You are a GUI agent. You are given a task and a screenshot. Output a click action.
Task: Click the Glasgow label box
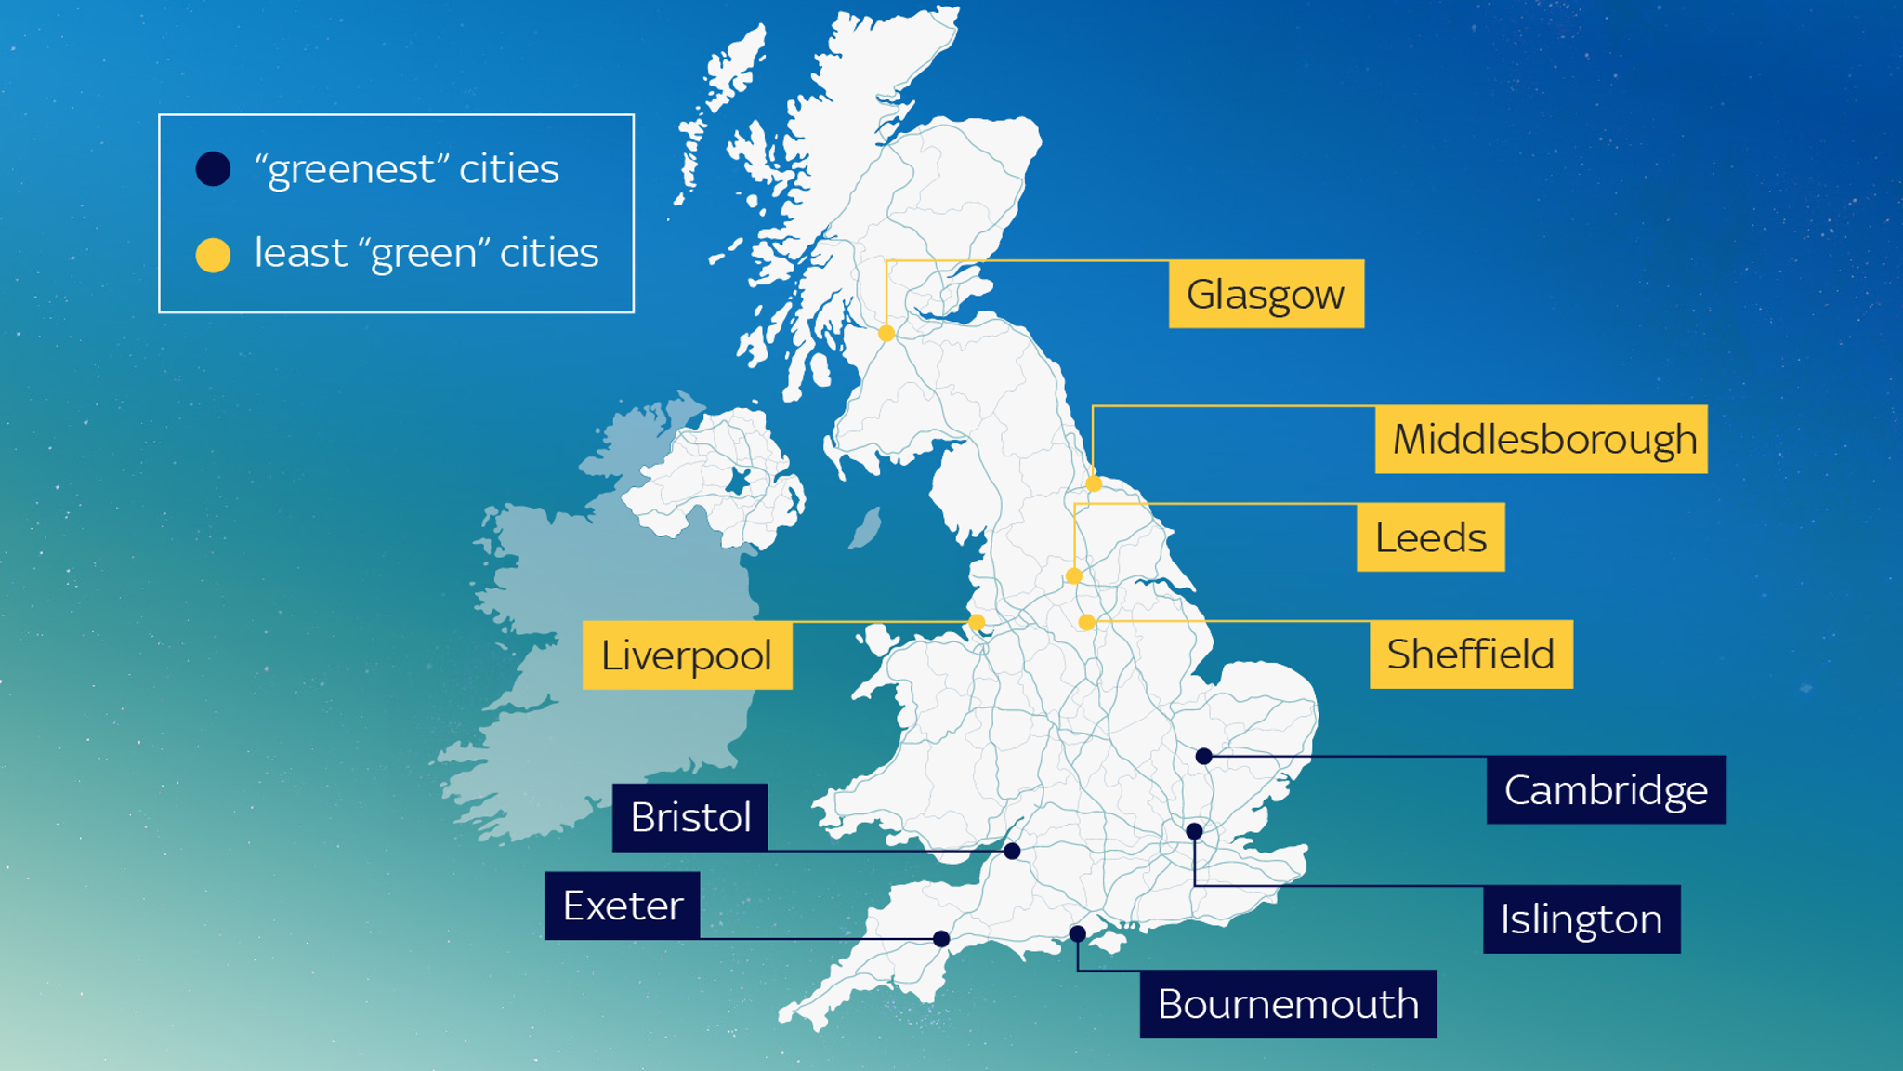tap(1266, 294)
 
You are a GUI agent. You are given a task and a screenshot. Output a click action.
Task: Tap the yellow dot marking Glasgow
tap(886, 333)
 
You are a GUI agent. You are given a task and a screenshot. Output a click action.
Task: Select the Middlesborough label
tap(1541, 440)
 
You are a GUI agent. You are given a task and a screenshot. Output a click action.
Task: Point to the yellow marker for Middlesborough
tap(1094, 483)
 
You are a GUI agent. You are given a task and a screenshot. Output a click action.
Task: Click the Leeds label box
tap(1430, 537)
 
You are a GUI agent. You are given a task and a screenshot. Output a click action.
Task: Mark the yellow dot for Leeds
tap(1074, 576)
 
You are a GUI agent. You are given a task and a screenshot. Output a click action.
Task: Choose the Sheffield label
tap(1471, 654)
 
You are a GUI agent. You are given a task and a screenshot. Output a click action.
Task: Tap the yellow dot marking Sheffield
tap(1087, 622)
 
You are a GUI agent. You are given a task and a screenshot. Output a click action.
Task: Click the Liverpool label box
tap(687, 655)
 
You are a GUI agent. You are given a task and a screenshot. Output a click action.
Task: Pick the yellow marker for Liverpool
tap(977, 622)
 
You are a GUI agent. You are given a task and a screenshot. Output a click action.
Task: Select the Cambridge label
tap(1606, 790)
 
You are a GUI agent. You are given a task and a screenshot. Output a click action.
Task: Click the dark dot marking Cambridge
tap(1204, 757)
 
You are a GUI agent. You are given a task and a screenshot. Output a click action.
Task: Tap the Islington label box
tap(1581, 919)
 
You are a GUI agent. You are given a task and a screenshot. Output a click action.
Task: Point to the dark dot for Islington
tap(1195, 831)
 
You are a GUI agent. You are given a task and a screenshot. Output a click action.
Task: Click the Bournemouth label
tap(1288, 1004)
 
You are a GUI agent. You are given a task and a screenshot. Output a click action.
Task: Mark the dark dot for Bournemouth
tap(1078, 933)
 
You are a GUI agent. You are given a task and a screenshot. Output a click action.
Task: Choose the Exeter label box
tap(623, 906)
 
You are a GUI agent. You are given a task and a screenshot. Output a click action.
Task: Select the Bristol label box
tap(689, 818)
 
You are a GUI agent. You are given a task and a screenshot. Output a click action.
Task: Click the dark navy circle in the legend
tap(213, 169)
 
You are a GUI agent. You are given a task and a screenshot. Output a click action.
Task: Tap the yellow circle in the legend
tap(213, 255)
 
